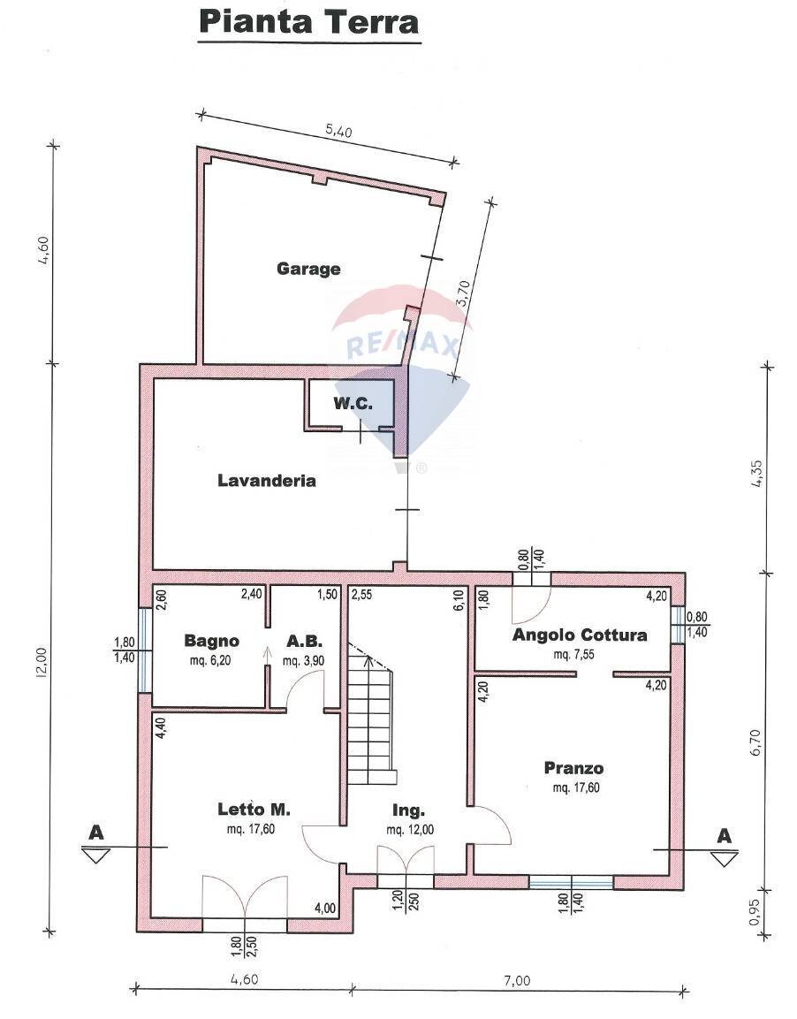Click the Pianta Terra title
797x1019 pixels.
(x=309, y=21)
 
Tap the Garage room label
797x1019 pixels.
(x=308, y=269)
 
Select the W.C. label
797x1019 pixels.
(x=353, y=404)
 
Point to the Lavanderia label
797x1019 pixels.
(x=267, y=480)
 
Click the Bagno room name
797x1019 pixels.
(x=212, y=641)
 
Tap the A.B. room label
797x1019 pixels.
(x=304, y=641)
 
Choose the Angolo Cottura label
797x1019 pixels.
(x=580, y=635)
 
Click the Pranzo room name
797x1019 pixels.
(x=573, y=768)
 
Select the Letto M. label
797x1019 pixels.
(x=254, y=809)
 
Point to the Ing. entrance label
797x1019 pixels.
(x=408, y=810)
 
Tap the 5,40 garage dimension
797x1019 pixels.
(x=338, y=131)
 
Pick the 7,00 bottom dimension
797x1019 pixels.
(x=516, y=980)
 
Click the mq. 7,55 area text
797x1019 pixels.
(x=574, y=654)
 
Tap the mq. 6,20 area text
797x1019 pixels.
(x=209, y=660)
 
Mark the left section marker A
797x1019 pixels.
(x=96, y=833)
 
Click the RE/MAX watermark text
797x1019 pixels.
(x=403, y=345)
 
